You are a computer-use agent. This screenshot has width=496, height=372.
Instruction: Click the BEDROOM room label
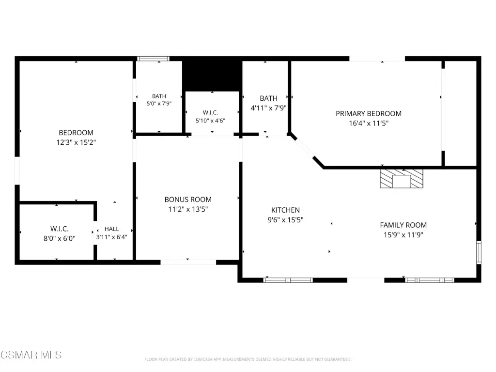pos(76,133)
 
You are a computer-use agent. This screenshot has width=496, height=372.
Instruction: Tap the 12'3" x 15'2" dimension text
pos(76,142)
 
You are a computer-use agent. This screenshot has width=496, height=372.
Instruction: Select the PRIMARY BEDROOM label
pos(369,113)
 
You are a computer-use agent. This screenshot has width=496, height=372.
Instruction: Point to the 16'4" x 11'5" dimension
pos(369,124)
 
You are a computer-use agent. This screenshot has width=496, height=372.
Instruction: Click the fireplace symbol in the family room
pos(402,179)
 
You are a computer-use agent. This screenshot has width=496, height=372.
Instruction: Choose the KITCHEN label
pos(285,210)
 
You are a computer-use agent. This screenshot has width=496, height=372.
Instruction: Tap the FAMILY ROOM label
pos(403,225)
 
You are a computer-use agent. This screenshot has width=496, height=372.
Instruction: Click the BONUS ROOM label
pos(188,200)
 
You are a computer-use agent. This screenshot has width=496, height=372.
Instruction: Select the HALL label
pos(112,229)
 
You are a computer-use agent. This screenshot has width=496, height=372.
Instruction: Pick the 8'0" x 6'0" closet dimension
pos(60,238)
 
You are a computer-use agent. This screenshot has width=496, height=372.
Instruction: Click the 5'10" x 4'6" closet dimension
pos(210,121)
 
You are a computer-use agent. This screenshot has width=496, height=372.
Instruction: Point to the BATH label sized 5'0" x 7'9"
pos(159,96)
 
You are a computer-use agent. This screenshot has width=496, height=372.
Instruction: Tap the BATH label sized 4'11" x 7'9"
pos(268,98)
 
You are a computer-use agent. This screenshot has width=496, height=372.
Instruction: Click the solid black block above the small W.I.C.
pos(212,75)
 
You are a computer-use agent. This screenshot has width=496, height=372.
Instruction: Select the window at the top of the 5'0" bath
pos(153,59)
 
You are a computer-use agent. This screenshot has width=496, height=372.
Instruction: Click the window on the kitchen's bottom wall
pos(288,280)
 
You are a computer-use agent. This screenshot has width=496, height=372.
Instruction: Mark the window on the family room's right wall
pos(479,252)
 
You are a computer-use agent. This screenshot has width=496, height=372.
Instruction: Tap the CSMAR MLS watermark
pos(31,355)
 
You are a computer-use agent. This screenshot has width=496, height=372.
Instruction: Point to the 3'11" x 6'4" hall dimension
pos(112,237)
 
